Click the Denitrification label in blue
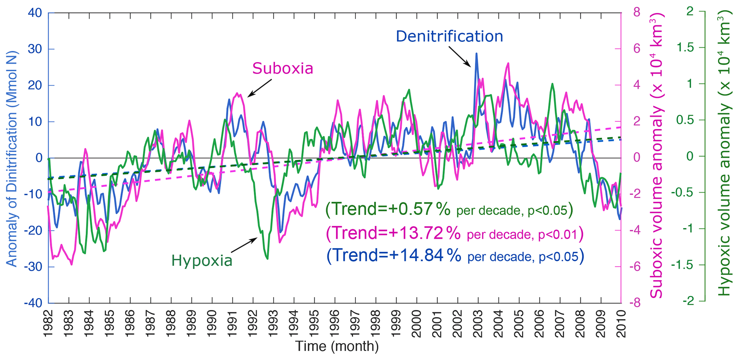(x=449, y=36)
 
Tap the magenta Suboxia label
(x=283, y=68)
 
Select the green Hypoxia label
(x=202, y=261)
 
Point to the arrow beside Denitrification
(x=459, y=56)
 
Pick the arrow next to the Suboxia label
(x=260, y=88)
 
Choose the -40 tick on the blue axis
(x=33, y=303)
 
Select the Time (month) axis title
(x=336, y=346)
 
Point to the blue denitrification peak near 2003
(x=476, y=54)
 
